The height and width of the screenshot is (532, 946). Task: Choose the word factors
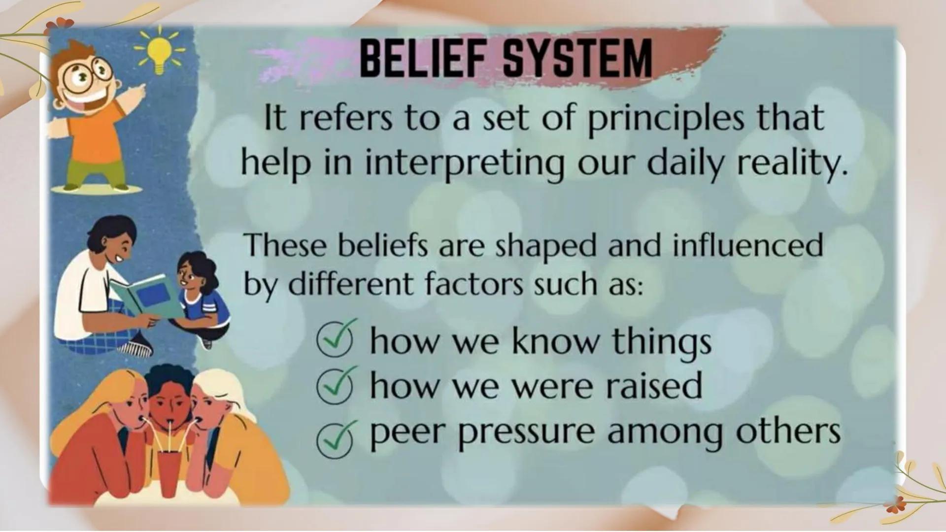473,285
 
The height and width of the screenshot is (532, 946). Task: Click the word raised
653,386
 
